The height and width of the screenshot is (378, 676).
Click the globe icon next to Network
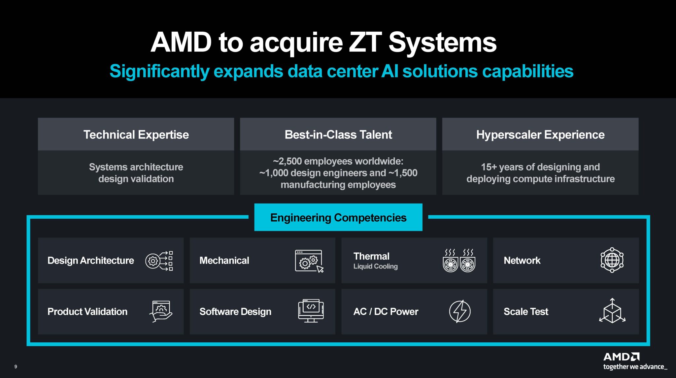(x=612, y=260)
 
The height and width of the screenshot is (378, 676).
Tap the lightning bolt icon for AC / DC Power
(x=459, y=311)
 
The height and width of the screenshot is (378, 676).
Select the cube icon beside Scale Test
(x=612, y=311)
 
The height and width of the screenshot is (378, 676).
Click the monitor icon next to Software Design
(x=311, y=311)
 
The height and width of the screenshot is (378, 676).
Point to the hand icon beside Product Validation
(x=161, y=311)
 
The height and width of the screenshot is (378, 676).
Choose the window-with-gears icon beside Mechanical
(x=309, y=261)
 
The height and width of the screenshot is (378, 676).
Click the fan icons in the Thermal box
(x=459, y=261)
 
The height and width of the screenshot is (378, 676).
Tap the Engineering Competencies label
(x=338, y=218)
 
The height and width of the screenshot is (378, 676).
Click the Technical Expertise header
(x=136, y=135)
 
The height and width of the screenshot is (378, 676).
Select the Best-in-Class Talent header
(x=338, y=135)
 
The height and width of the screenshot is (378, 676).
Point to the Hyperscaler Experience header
(x=540, y=135)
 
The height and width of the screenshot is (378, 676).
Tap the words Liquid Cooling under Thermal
(x=375, y=267)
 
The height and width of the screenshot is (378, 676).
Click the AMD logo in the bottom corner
(x=621, y=357)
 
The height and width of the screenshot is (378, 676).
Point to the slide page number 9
(x=16, y=366)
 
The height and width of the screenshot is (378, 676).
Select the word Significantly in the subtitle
(x=159, y=71)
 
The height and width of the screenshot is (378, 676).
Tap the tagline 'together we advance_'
(x=635, y=367)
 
